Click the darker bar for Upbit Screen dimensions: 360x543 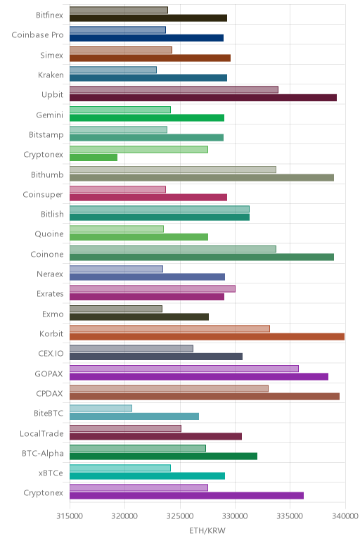point(203,98)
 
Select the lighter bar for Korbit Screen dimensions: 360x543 point(169,328)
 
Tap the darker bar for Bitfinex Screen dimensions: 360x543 point(148,18)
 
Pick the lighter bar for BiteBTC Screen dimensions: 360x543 point(101,408)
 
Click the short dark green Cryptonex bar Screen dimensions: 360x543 point(94,158)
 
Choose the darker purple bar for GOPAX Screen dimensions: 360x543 point(199,376)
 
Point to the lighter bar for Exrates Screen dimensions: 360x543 point(153,289)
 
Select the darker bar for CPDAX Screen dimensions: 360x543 point(205,397)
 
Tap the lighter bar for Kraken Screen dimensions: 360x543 point(113,70)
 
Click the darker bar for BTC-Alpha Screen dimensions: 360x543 point(163,456)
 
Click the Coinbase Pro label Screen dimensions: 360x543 point(38,35)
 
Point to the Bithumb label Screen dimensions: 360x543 point(47,174)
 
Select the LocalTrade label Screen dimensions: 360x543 point(42,433)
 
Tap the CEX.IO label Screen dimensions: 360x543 point(51,354)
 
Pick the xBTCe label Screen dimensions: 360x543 point(51,473)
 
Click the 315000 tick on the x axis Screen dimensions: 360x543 point(70,516)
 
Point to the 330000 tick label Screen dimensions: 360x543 point(235,516)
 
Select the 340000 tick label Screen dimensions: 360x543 point(345,516)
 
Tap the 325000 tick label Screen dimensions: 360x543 point(180,516)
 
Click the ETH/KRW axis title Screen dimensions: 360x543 point(207,530)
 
